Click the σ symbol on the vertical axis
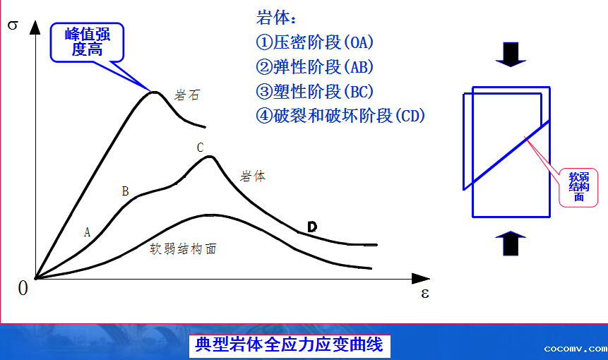(13, 25)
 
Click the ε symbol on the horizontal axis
(425, 294)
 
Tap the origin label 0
(23, 288)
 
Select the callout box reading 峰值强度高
(88, 42)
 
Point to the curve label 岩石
(187, 95)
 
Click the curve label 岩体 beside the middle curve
(253, 176)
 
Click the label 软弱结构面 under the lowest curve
(183, 248)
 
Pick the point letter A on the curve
(88, 232)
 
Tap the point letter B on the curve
(125, 191)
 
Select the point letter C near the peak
(200, 148)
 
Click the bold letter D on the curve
(312, 227)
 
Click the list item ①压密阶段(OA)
(314, 42)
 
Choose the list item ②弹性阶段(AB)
(314, 67)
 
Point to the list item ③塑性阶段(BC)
(314, 92)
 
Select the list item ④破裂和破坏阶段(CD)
(340, 116)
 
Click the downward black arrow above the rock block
(511, 54)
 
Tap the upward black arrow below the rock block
(511, 244)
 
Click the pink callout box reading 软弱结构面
(578, 188)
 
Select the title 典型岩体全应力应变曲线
(290, 344)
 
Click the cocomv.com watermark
(576, 349)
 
